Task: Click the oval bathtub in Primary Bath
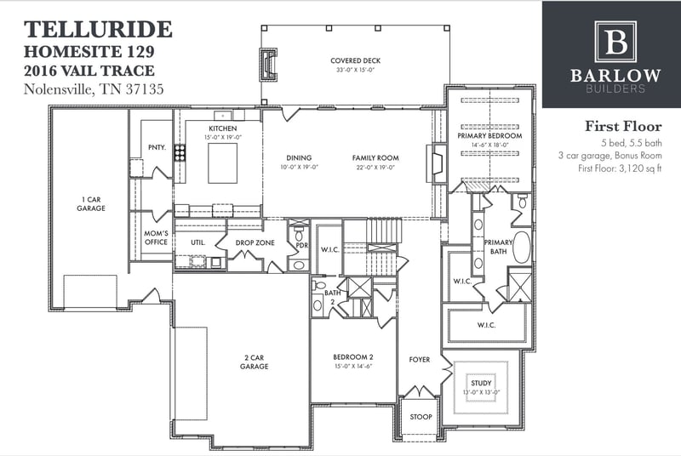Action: tap(520, 248)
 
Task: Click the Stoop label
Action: tap(421, 417)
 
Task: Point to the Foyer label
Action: tap(419, 360)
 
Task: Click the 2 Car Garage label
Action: tap(254, 362)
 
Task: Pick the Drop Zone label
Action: tap(255, 242)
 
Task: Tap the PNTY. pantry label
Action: tap(156, 146)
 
